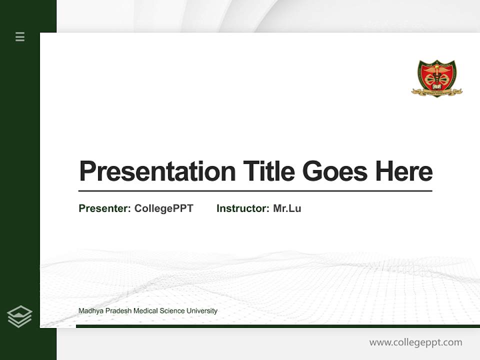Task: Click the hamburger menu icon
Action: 20,36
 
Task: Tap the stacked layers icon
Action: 19,316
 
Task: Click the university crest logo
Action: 436,77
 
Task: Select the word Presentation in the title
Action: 157,171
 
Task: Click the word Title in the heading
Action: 268,171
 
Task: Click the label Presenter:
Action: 104,208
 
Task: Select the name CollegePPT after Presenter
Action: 163,208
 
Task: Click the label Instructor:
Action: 242,208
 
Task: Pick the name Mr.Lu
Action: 287,208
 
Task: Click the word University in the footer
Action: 202,311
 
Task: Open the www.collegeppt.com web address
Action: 415,342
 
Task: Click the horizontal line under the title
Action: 255,191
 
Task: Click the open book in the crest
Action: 436,86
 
